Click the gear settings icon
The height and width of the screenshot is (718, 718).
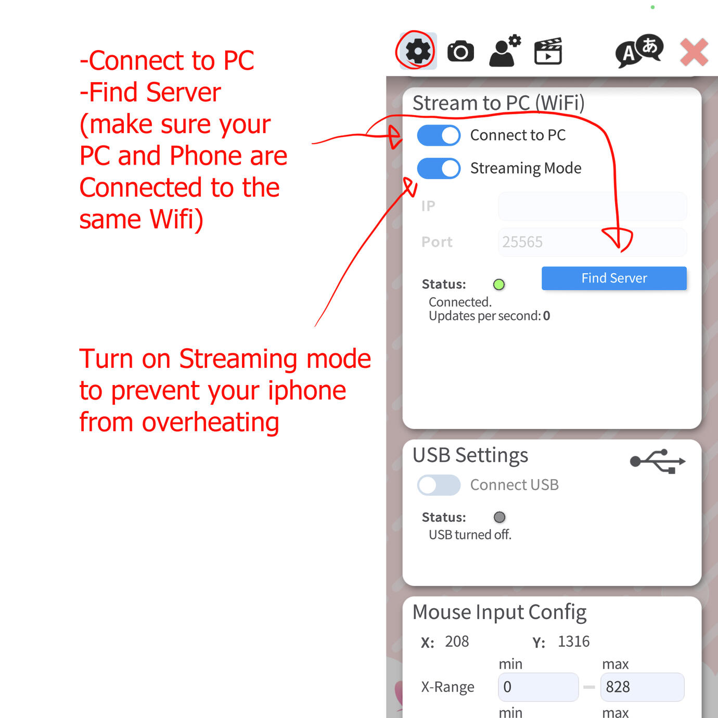[418, 51]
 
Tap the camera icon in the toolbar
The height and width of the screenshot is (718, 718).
[460, 51]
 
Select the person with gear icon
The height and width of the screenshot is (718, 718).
[505, 50]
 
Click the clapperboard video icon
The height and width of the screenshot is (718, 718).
[548, 51]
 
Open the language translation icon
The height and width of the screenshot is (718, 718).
[639, 51]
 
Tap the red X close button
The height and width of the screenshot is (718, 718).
[694, 52]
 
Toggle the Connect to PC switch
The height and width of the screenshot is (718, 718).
[439, 135]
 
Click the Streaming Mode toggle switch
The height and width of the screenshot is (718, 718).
[439, 169]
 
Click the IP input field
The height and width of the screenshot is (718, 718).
[592, 206]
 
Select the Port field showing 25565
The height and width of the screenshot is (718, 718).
[592, 242]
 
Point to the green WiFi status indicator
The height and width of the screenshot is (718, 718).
[499, 285]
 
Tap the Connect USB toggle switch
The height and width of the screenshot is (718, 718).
[439, 485]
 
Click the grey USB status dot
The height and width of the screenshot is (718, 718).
[499, 517]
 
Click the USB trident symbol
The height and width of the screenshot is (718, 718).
[658, 461]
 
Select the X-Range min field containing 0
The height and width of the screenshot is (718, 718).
[538, 687]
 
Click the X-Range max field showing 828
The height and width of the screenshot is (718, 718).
[643, 687]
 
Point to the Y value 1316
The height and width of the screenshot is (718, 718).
[573, 641]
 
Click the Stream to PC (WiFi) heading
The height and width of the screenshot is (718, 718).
[498, 103]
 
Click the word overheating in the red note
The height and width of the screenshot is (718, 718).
[210, 423]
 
